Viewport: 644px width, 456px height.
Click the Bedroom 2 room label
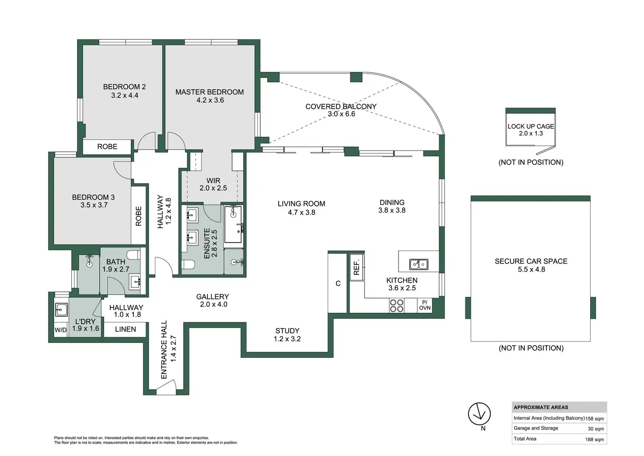[125, 87]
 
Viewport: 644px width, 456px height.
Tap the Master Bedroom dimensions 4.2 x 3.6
[210, 100]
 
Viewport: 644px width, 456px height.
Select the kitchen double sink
[419, 264]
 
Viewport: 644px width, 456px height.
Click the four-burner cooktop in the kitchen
[396, 306]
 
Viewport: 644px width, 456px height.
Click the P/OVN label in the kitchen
[425, 305]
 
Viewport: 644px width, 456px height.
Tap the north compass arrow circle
[479, 414]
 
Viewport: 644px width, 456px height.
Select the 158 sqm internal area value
[595, 419]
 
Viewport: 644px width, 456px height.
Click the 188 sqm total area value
[595, 439]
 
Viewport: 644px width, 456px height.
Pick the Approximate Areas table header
[541, 407]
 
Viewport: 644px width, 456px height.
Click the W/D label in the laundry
[60, 330]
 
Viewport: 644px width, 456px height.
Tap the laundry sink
[61, 310]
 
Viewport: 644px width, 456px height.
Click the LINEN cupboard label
[126, 329]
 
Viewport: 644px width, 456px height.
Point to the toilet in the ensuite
[188, 264]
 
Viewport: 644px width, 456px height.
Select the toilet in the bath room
[134, 255]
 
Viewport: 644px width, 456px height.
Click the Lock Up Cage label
[531, 127]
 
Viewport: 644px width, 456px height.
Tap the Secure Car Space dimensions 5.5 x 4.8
[531, 269]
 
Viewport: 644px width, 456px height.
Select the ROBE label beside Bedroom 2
[107, 147]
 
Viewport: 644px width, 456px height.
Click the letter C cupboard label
[338, 283]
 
